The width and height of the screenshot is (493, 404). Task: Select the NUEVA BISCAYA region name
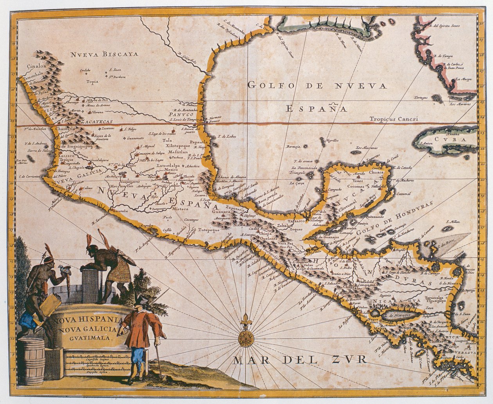pyautogui.click(x=104, y=54)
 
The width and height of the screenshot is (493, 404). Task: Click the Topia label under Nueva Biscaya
pyautogui.click(x=92, y=82)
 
